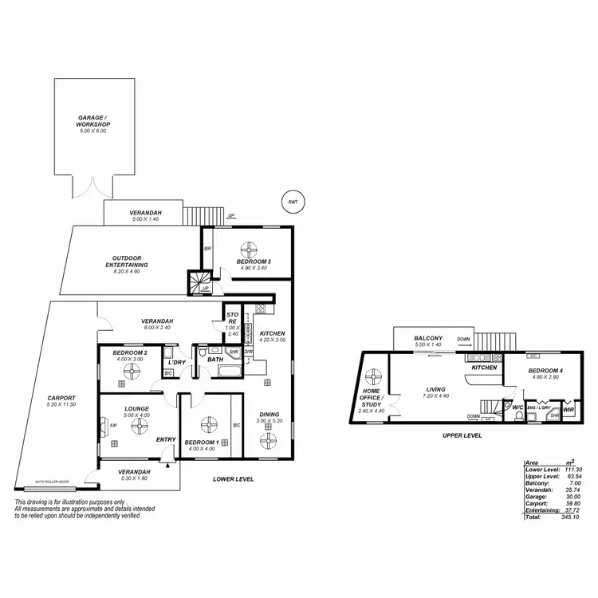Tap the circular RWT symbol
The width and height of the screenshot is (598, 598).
[x=292, y=203]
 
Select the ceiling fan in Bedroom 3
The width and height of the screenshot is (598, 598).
[x=250, y=246]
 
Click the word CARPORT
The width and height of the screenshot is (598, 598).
[x=61, y=397]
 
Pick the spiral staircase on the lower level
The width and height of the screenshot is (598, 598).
[x=198, y=281]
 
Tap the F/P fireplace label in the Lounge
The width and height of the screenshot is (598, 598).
[x=113, y=426]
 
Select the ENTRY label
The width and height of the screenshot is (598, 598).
[x=166, y=439]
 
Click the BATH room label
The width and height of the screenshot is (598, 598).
[x=215, y=360]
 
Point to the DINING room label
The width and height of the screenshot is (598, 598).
[x=268, y=414]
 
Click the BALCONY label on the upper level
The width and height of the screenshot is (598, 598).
[x=428, y=339]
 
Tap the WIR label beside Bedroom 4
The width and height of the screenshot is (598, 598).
[x=568, y=411]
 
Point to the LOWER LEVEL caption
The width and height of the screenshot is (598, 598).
[x=234, y=479]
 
